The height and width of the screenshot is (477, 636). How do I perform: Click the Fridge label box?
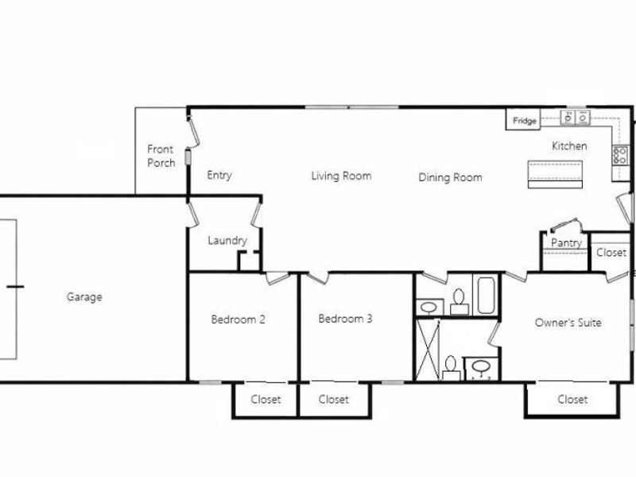(x=524, y=121)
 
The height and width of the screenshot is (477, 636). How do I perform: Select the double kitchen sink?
(x=576, y=118)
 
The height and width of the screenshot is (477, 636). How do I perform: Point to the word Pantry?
(x=566, y=242)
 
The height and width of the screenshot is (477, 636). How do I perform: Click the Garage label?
(x=84, y=297)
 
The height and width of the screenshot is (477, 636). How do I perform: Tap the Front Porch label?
(x=161, y=156)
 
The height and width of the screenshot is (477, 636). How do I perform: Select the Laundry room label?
(x=227, y=240)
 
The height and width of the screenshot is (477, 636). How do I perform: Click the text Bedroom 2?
(x=238, y=320)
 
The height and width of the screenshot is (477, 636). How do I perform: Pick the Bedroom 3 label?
(x=345, y=319)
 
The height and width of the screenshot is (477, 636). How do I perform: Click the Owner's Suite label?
(x=568, y=323)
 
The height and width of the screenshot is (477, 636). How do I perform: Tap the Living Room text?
(x=341, y=176)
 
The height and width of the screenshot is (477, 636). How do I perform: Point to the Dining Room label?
(x=450, y=177)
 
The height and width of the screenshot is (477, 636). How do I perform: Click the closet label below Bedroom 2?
(x=266, y=399)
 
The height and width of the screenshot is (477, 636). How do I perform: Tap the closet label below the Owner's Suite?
(x=572, y=399)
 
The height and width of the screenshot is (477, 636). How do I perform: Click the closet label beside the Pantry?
(x=611, y=253)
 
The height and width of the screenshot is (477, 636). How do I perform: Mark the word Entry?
(x=219, y=176)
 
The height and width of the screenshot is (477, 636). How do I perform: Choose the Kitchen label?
(x=569, y=146)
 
